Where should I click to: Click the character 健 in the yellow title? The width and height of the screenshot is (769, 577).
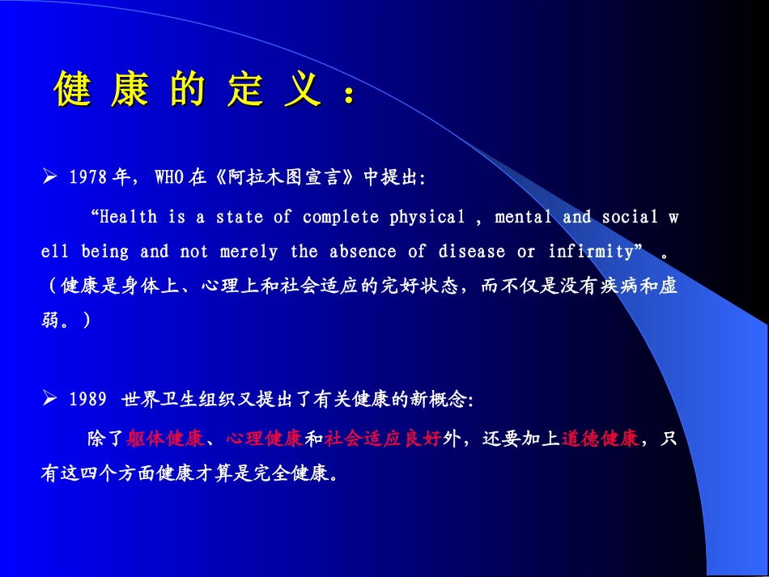click(72, 90)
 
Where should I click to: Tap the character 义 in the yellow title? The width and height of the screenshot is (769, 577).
click(302, 90)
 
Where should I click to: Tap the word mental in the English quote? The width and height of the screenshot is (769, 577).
click(523, 217)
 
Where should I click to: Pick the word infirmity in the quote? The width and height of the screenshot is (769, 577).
click(590, 252)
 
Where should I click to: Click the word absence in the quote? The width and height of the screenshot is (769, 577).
click(363, 252)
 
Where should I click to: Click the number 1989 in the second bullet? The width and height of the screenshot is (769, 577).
click(88, 400)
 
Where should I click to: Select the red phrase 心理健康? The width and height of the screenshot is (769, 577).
click(264, 439)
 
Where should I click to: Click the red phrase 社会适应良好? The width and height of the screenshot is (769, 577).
click(383, 439)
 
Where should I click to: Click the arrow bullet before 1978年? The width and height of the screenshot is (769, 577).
click(49, 177)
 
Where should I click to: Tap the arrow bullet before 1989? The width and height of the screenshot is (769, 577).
click(49, 399)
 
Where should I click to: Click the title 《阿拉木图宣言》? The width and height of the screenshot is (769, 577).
click(284, 178)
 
